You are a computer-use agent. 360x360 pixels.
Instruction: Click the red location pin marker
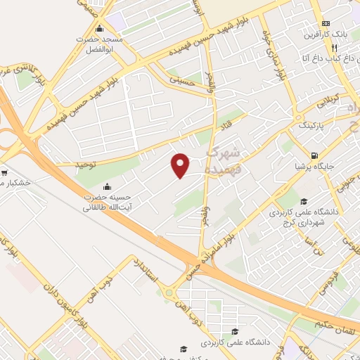point(181,165)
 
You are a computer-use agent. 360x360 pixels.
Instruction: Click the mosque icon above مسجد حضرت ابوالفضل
point(100,30)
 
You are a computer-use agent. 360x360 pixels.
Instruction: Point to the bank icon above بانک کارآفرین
point(325,23)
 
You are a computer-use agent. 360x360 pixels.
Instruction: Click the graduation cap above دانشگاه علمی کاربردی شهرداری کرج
point(303,200)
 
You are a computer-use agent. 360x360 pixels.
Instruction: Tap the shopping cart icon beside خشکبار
point(5,173)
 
